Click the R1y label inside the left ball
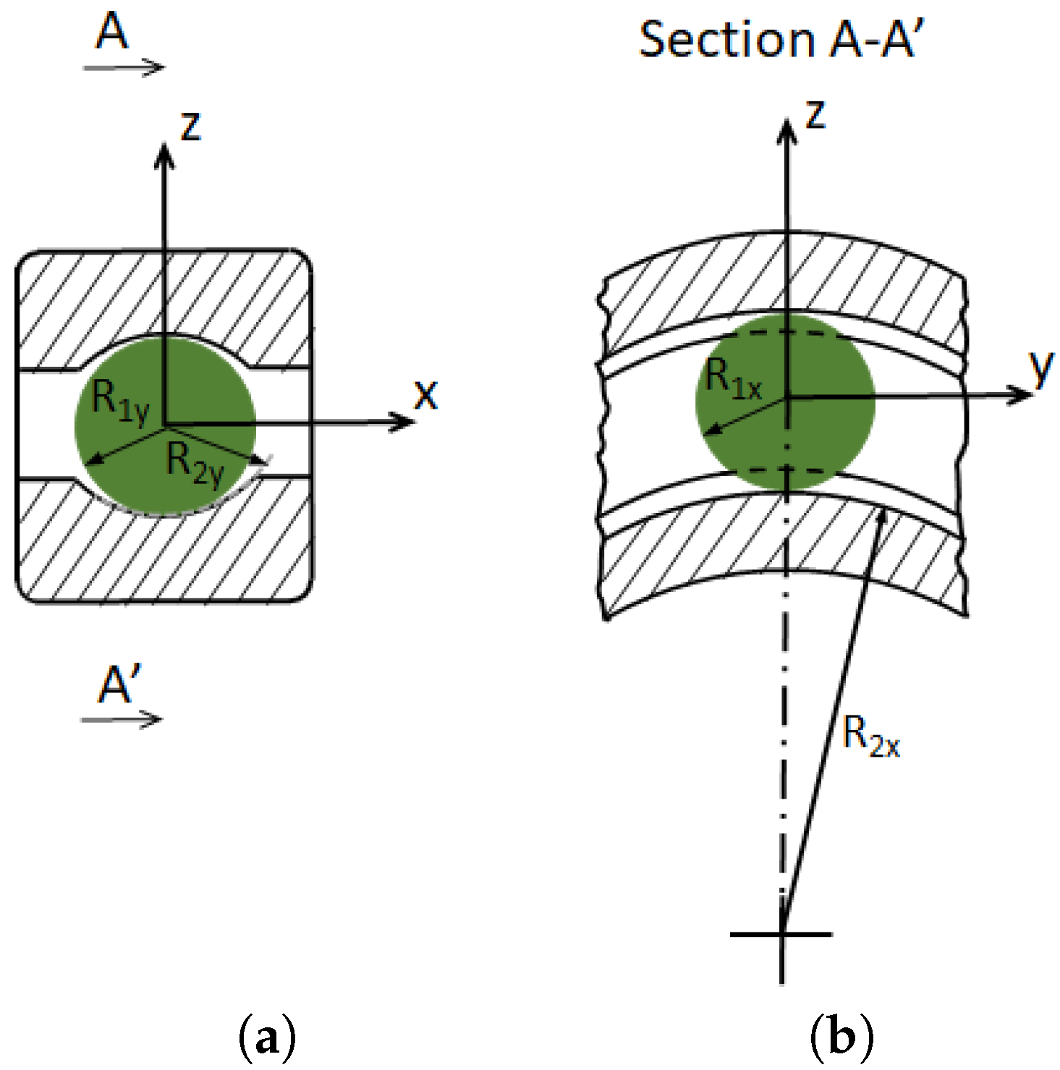(x=120, y=401)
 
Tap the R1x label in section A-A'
(x=733, y=379)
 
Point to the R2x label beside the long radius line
(x=871, y=737)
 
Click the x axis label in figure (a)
(x=426, y=395)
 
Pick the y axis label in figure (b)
(x=1041, y=368)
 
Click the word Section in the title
(x=727, y=39)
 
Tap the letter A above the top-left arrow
(x=112, y=33)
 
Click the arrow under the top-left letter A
(x=124, y=68)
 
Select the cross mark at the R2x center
(x=782, y=934)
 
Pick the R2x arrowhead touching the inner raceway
(x=882, y=514)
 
